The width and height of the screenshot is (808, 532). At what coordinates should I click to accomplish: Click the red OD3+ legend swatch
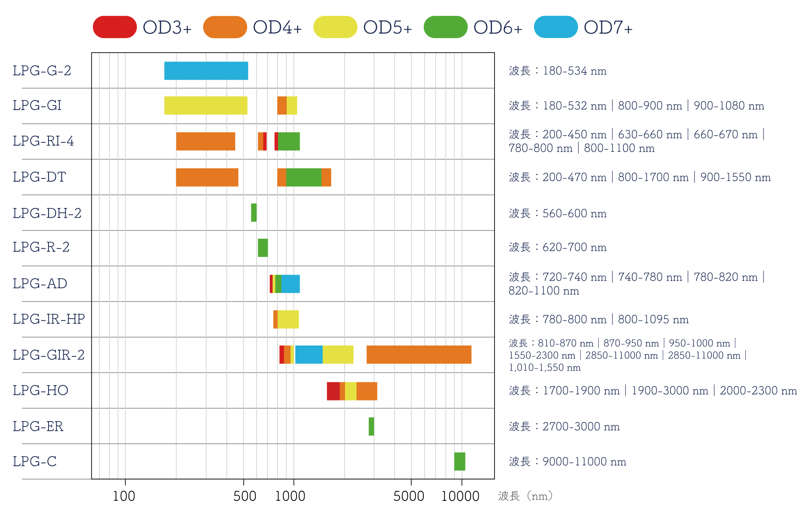click(115, 27)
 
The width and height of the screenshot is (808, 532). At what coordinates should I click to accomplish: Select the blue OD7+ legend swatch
click(555, 27)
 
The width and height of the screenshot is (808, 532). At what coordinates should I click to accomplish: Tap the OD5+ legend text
click(387, 28)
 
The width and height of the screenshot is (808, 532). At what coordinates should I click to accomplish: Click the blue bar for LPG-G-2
click(206, 71)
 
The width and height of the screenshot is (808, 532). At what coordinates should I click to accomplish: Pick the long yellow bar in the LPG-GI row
click(206, 106)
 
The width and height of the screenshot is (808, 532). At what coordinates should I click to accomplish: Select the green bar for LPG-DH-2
click(254, 213)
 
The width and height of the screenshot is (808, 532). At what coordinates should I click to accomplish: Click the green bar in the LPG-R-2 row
click(263, 248)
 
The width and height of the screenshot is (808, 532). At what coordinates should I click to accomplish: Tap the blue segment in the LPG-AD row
click(290, 284)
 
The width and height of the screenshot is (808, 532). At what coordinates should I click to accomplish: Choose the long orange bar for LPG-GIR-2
click(419, 355)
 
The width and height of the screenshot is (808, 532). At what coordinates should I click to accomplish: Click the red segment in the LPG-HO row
click(333, 391)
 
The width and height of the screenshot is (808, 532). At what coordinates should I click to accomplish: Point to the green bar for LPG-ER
click(371, 426)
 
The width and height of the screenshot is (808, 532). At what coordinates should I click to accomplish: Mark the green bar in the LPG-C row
click(459, 462)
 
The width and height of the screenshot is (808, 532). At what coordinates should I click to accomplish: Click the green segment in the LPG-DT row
click(304, 177)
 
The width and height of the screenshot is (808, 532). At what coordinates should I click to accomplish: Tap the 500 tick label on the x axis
click(245, 496)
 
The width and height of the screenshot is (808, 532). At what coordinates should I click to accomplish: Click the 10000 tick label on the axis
click(460, 496)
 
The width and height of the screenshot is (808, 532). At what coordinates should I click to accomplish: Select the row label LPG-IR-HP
click(49, 319)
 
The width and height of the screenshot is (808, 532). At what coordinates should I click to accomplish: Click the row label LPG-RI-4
click(43, 141)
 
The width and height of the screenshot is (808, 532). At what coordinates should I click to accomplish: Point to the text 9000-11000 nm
click(584, 462)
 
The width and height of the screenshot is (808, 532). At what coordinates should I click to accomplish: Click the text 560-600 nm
click(574, 214)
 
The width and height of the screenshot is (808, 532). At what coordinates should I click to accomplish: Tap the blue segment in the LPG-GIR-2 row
click(309, 355)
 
